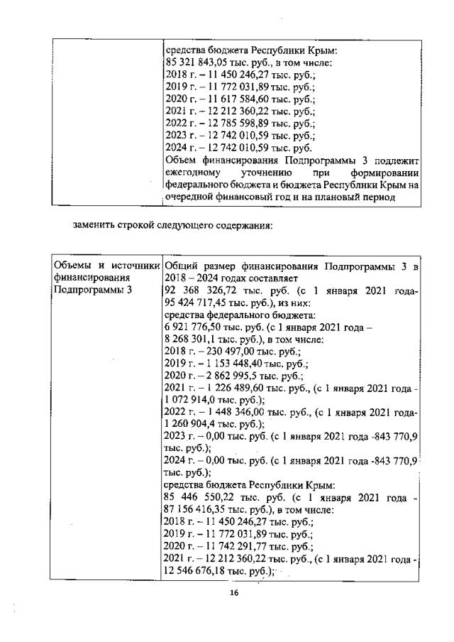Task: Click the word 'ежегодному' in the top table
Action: (x=194, y=173)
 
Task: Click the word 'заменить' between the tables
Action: (x=94, y=227)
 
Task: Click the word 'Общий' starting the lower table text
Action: (x=179, y=266)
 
